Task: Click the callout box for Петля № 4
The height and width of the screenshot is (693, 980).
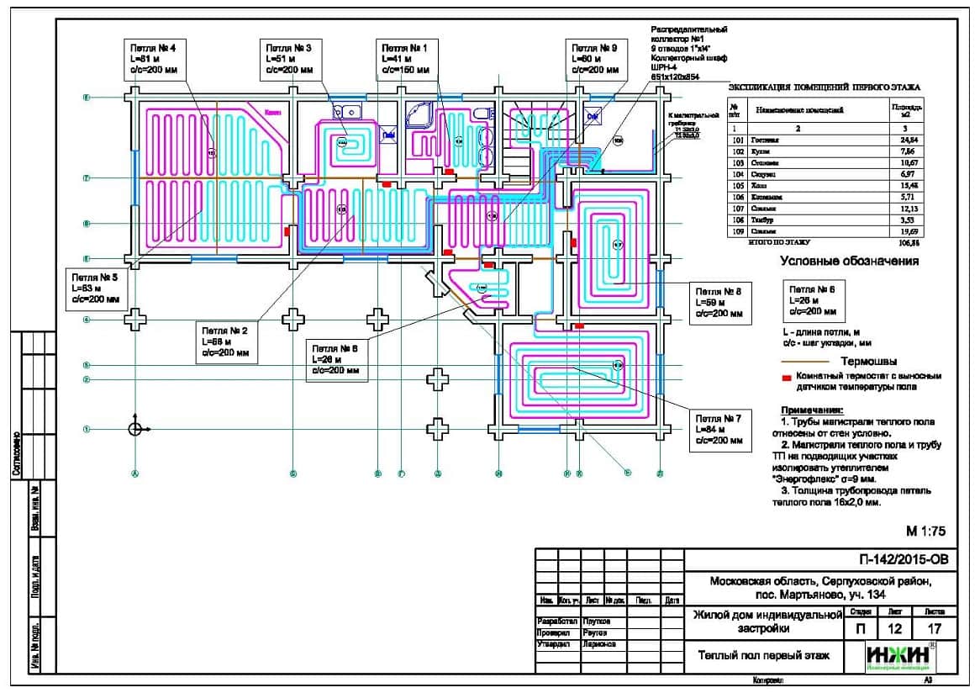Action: click(154, 59)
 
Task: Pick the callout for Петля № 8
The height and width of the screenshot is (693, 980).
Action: click(719, 301)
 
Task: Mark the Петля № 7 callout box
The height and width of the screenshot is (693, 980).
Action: click(718, 429)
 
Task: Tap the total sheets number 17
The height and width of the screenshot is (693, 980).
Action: click(933, 628)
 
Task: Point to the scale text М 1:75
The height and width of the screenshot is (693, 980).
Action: click(926, 531)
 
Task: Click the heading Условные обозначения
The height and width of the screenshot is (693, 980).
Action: click(849, 262)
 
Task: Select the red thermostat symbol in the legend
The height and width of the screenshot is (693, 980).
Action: click(786, 377)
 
